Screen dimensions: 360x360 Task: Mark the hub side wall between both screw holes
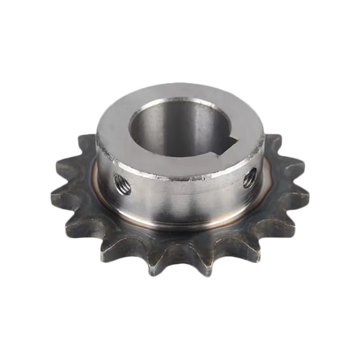pos(183,197)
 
